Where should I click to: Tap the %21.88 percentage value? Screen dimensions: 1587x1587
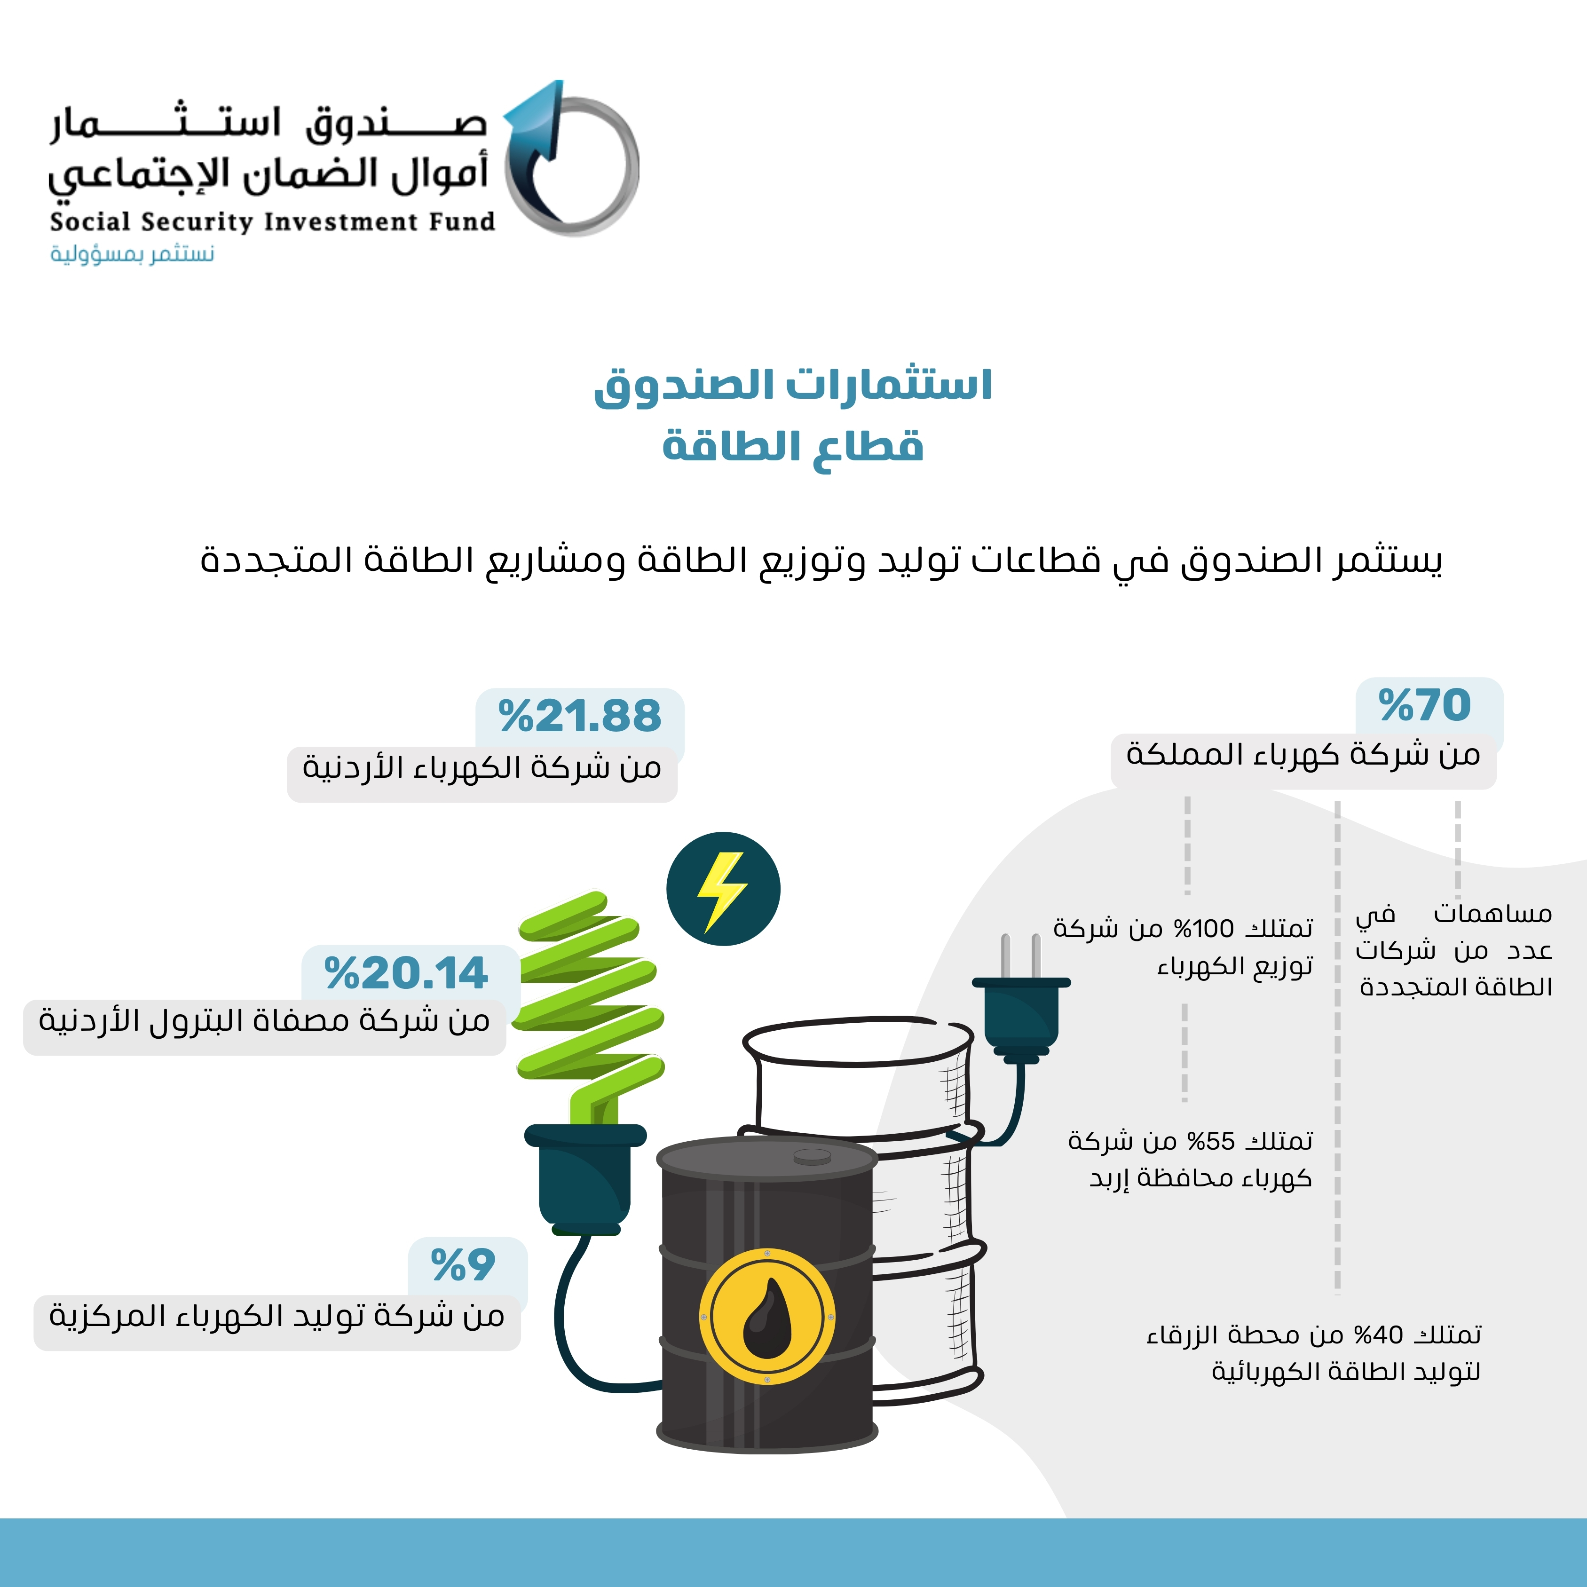580,716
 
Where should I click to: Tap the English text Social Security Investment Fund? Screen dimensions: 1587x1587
272,222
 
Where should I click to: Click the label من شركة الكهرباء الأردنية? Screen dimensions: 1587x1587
482,767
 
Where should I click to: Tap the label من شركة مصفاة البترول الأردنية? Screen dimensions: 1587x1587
264,1021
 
